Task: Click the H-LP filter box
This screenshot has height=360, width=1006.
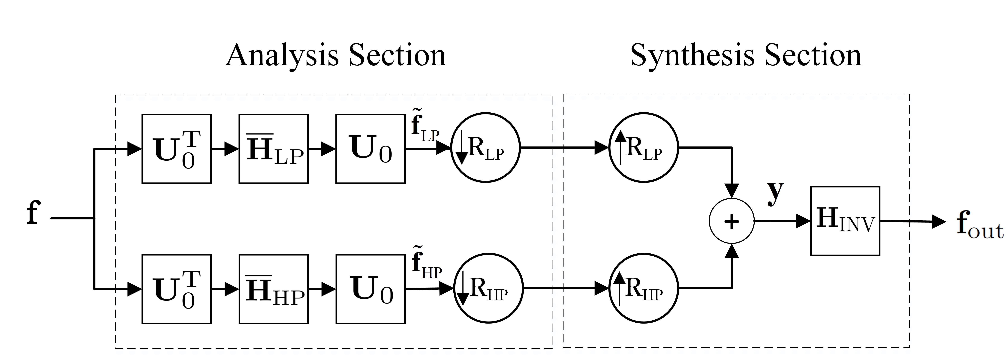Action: pyautogui.click(x=273, y=149)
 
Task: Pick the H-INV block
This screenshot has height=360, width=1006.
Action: pyautogui.click(x=845, y=221)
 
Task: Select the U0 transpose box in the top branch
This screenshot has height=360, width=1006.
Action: pyautogui.click(x=177, y=149)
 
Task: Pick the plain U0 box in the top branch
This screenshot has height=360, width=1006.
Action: pyautogui.click(x=370, y=149)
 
